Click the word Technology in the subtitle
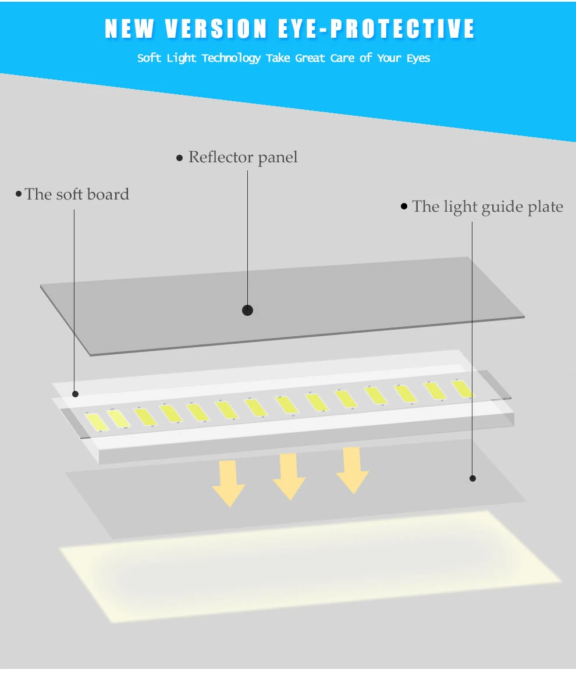(231, 58)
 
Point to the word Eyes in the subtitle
(418, 58)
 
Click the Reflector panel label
(243, 157)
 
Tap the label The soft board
(77, 194)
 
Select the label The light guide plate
(488, 206)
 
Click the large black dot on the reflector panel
(247, 310)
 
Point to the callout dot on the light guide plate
(472, 478)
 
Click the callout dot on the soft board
(75, 394)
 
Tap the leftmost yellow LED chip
(97, 421)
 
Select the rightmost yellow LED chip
(462, 389)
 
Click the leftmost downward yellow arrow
(228, 483)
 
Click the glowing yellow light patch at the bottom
(308, 564)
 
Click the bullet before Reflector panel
(180, 158)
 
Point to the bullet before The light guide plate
(404, 206)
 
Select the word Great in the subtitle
(310, 58)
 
